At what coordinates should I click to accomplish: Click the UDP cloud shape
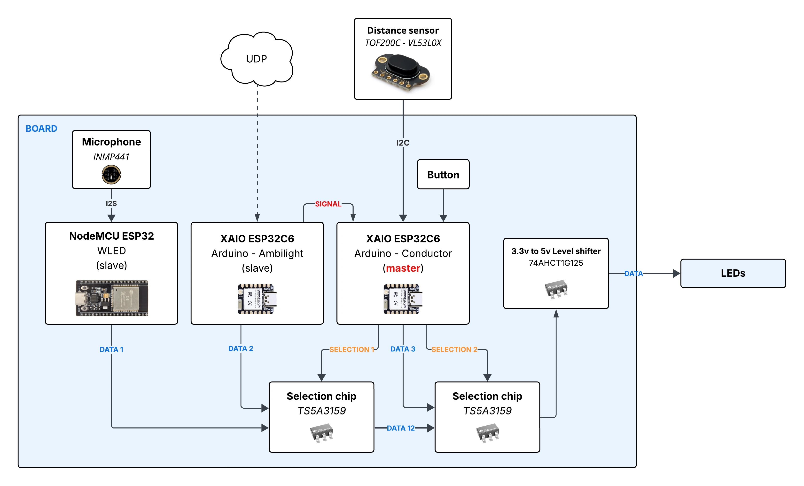[x=257, y=59]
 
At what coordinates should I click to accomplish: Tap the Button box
[x=443, y=174]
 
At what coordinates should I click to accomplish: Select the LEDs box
[x=733, y=273]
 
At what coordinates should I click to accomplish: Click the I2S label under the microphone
[x=111, y=203]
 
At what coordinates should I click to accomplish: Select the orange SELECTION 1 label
[x=351, y=349]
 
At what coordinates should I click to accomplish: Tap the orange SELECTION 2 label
[x=454, y=349]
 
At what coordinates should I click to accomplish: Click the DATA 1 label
[x=111, y=349]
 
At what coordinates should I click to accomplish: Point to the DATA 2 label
[x=241, y=348]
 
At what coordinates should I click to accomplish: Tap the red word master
[x=403, y=268]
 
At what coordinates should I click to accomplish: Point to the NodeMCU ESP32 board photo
[x=112, y=298]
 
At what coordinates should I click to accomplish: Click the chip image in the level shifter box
[x=556, y=289]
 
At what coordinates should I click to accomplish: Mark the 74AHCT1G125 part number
[x=556, y=263]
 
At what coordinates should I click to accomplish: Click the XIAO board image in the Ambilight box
[x=257, y=299]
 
